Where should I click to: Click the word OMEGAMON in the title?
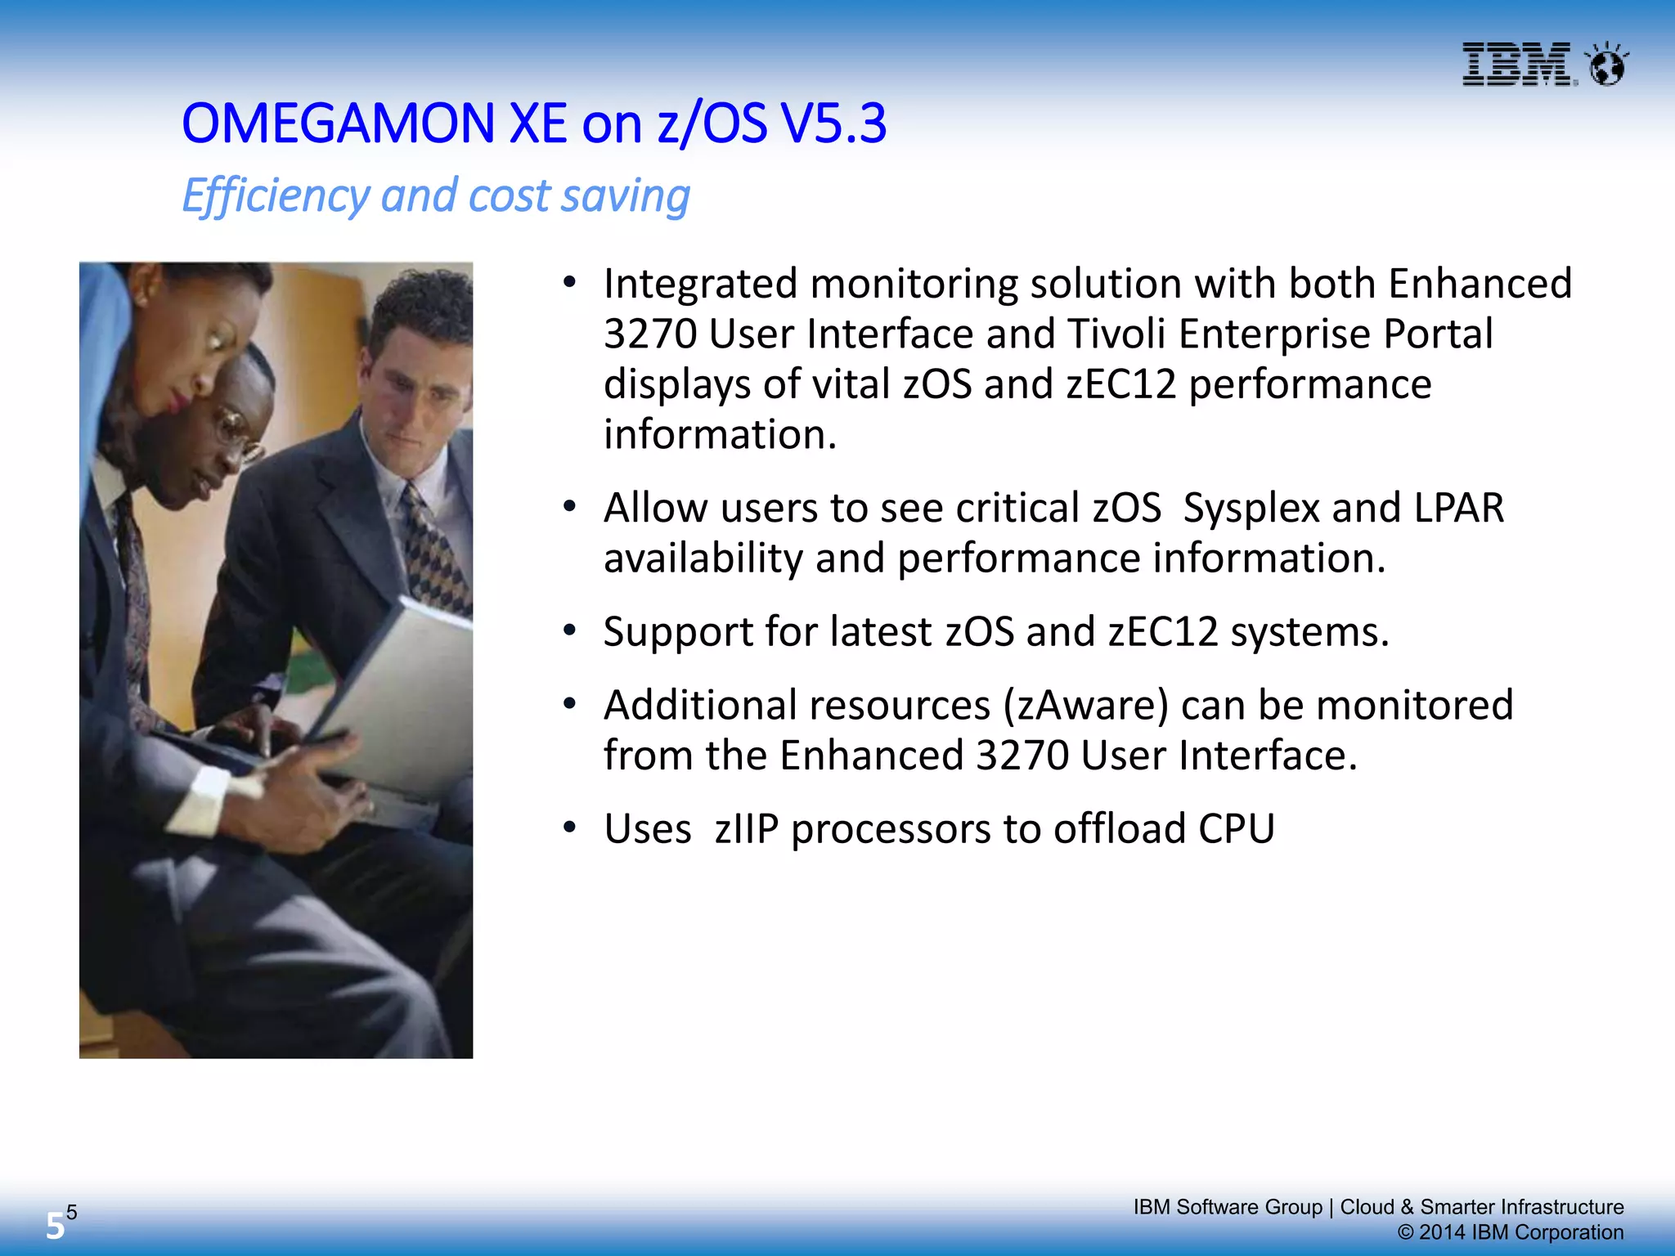338,124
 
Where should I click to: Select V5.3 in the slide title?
833,124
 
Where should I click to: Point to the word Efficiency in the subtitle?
276,196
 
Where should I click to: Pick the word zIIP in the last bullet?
746,828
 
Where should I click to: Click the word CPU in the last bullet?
1236,828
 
